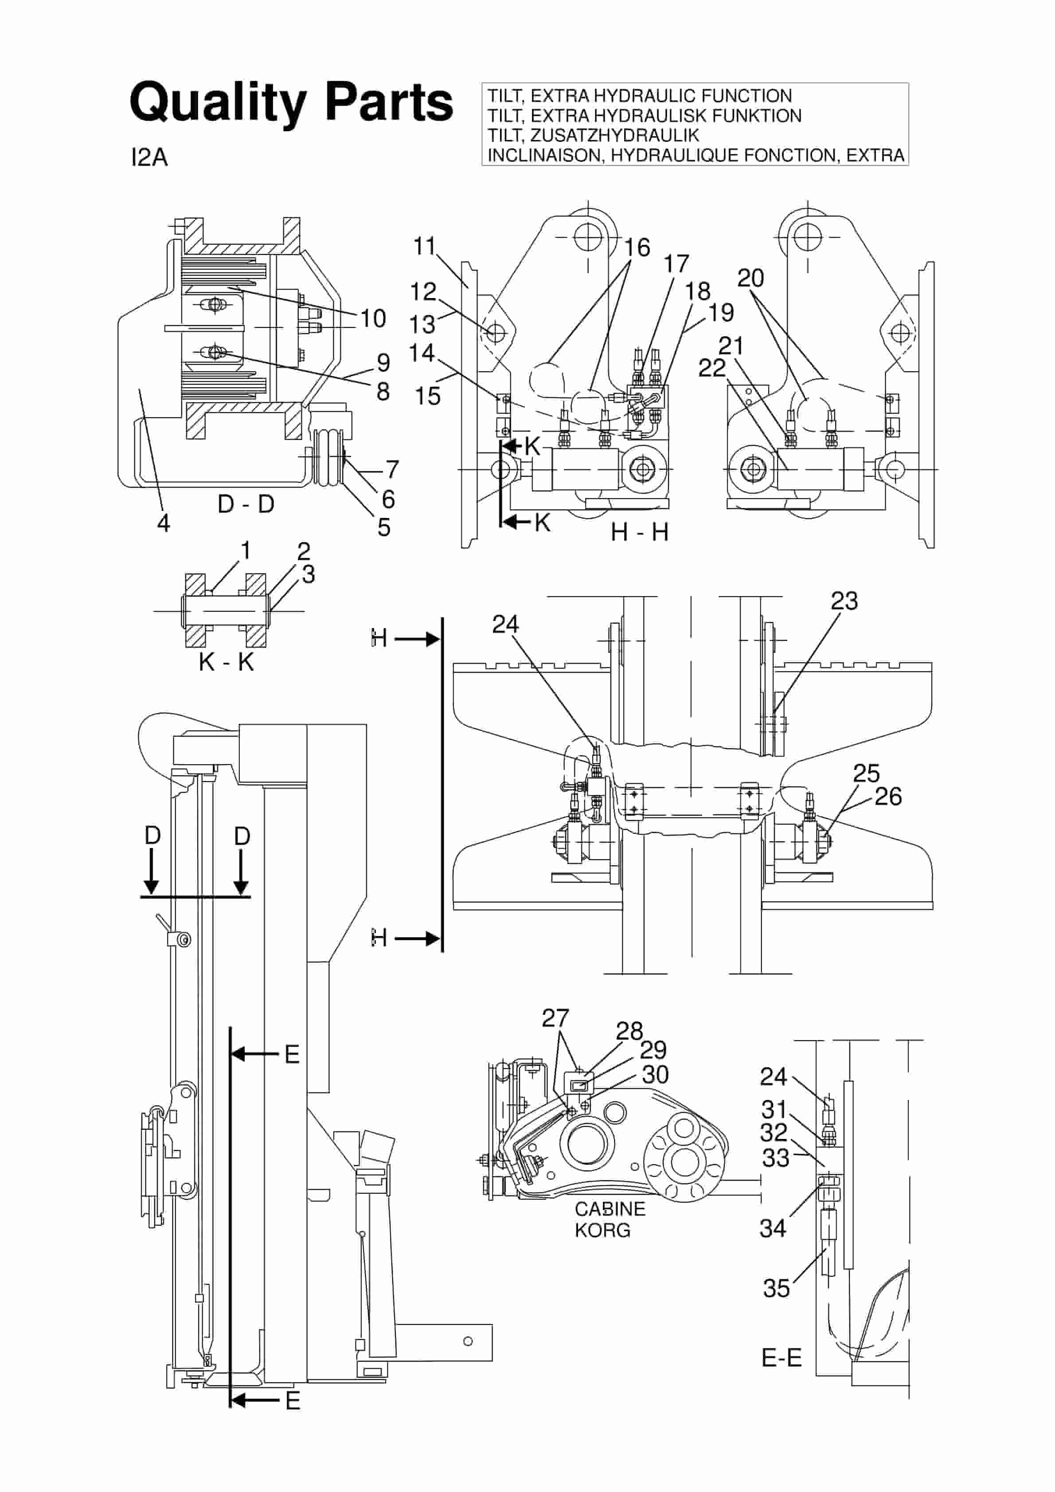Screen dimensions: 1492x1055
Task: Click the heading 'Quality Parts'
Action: (x=291, y=102)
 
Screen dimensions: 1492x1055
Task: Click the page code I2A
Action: (x=149, y=158)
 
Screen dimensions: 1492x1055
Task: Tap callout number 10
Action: (x=373, y=318)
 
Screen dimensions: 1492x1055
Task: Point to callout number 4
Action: (x=164, y=522)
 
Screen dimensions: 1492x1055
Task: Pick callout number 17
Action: (x=676, y=264)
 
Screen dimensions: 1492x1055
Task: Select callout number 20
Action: (x=750, y=278)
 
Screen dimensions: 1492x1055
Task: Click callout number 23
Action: (x=844, y=601)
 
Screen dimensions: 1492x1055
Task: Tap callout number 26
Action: (x=888, y=797)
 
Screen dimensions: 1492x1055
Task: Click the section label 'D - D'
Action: (x=246, y=503)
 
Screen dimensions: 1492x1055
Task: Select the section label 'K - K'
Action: (x=226, y=662)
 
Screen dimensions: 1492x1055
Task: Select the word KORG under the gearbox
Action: (x=602, y=1230)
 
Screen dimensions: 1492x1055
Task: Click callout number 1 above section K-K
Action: (x=246, y=550)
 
